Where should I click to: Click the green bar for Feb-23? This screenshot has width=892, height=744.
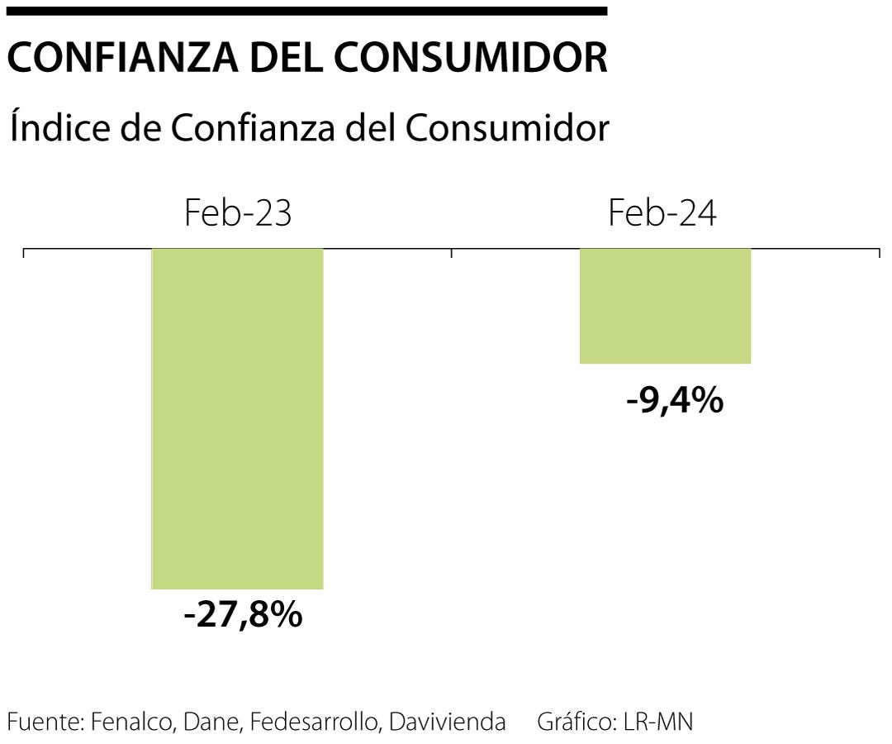[x=237, y=418]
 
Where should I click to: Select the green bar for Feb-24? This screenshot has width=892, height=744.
[x=665, y=306]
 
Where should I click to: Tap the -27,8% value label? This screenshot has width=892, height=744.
[x=243, y=616]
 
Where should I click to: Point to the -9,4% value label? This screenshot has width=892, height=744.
[x=675, y=402]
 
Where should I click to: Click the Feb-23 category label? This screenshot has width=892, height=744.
[x=238, y=214]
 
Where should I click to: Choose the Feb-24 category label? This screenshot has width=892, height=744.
[x=662, y=214]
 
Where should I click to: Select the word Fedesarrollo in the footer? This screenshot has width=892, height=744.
[x=315, y=722]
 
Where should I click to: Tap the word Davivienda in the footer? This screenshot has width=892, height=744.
[x=447, y=722]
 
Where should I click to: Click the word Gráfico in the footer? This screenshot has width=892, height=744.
[x=576, y=722]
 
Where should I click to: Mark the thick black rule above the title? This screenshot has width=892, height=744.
[x=306, y=11]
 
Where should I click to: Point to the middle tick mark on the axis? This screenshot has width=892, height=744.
[x=452, y=252]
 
